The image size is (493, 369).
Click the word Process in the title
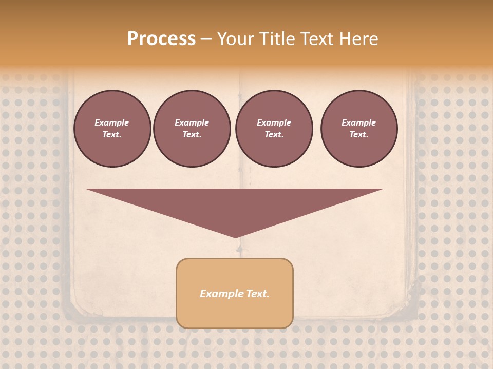tap(161, 39)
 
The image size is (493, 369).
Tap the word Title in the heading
tap(276, 39)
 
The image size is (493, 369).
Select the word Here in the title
tap(358, 39)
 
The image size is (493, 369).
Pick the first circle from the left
tap(112, 128)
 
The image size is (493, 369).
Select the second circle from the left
tap(192, 128)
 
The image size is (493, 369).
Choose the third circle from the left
tap(274, 128)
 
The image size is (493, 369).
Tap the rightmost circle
tap(358, 128)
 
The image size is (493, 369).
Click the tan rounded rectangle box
tap(234, 293)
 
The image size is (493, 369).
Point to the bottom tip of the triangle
tap(235, 237)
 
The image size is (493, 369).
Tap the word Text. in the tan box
tap(257, 294)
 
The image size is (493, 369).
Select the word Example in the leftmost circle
tap(112, 122)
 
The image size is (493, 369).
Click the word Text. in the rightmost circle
tap(358, 134)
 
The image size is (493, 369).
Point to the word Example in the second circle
tap(192, 122)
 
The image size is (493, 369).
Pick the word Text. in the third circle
tap(274, 134)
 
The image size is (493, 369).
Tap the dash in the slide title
tap(206, 39)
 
